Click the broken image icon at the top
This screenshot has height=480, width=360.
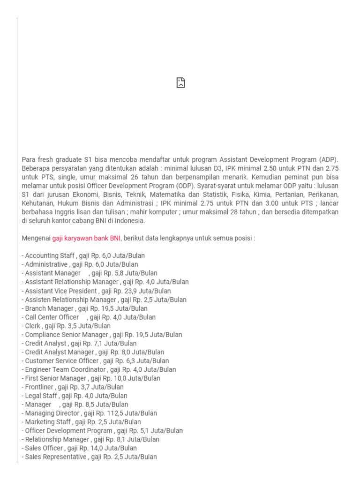click(180, 83)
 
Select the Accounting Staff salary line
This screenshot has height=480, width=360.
click(83, 255)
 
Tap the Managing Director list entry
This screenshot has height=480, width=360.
click(90, 413)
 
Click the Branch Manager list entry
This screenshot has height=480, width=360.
click(85, 308)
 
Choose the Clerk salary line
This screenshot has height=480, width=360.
click(67, 326)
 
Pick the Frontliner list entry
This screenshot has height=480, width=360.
click(73, 387)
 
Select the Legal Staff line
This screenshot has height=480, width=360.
click(75, 396)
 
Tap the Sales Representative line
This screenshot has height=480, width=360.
click(90, 457)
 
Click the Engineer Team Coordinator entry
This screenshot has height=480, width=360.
click(99, 369)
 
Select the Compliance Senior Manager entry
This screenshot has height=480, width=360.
click(102, 335)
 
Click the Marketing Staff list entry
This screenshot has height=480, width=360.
click(81, 422)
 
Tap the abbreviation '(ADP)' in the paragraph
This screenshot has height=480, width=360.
click(328, 159)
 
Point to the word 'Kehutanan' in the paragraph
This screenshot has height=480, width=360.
click(37, 203)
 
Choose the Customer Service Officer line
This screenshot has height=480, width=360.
click(96, 361)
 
